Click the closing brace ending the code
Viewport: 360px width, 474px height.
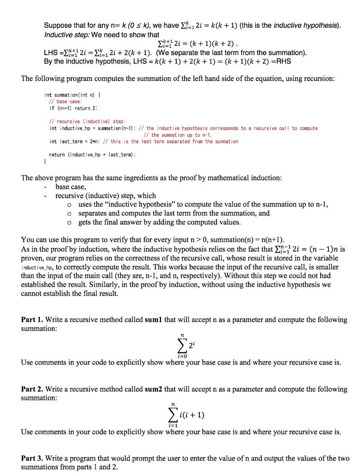[45, 162]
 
